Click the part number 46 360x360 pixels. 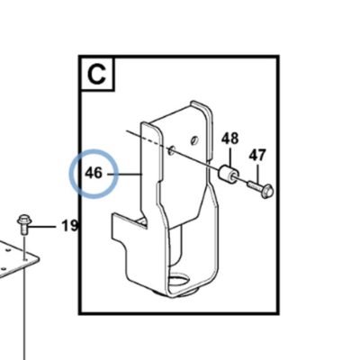coord(94,174)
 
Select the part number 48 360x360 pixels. coord(230,139)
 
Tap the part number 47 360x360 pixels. coord(257,156)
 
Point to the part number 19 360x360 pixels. coord(69,225)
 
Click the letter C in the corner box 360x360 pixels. coord(96,75)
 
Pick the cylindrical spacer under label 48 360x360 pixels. coord(229,174)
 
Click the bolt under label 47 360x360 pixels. coord(260,188)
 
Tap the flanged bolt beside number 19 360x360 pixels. coord(22,224)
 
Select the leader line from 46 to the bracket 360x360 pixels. coord(124,174)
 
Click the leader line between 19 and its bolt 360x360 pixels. coord(42,227)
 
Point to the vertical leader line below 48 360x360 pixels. coord(230,157)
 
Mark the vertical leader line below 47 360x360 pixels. coord(257,172)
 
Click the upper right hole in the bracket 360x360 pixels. coord(194,139)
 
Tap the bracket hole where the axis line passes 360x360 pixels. coord(171,149)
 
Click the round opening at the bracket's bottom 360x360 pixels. coord(179,281)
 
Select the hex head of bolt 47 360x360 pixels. coord(266,192)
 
